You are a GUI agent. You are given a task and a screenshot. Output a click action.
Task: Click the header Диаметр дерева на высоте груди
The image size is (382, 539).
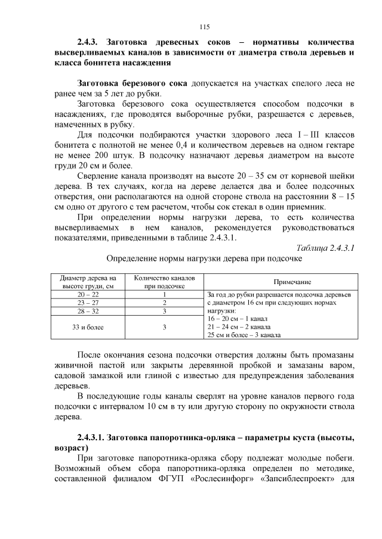tap(89, 282)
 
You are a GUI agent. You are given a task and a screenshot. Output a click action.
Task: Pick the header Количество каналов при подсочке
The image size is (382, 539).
tap(164, 282)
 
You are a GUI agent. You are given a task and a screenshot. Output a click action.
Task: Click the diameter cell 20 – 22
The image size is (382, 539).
tap(89, 294)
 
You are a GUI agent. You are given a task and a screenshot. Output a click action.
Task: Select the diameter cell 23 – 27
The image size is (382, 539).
tap(89, 303)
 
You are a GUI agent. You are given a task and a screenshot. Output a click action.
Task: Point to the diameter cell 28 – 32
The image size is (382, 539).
tap(89, 311)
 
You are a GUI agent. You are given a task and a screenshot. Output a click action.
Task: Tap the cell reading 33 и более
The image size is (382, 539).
tap(89, 327)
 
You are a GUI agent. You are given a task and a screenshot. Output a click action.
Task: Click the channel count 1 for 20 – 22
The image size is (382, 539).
tap(164, 294)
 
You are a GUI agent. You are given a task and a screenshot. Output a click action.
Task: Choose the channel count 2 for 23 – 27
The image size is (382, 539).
tap(164, 303)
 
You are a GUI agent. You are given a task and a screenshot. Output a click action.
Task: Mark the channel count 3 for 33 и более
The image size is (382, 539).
tap(164, 327)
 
